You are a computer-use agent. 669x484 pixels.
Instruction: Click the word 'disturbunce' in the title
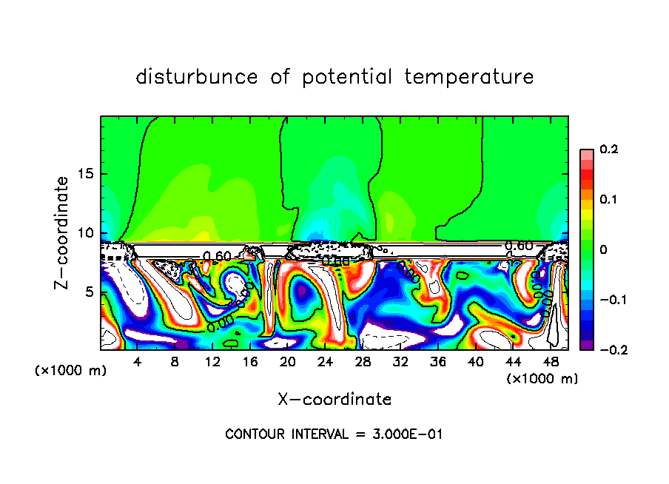click(x=196, y=77)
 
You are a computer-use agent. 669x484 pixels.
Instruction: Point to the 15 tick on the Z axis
click(x=87, y=175)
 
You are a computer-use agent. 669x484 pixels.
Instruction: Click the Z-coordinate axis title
click(x=62, y=232)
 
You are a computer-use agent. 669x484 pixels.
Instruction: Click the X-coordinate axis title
click(x=334, y=400)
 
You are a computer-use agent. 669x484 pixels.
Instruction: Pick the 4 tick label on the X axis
click(x=138, y=362)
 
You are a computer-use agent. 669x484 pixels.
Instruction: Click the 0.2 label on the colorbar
click(x=608, y=149)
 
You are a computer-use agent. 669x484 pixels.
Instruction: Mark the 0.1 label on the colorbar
click(x=608, y=200)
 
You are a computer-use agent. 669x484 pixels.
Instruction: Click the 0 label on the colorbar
click(x=603, y=249)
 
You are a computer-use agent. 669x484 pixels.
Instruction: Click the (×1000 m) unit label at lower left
click(x=71, y=371)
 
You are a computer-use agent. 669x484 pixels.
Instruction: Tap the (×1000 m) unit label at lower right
click(x=542, y=379)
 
